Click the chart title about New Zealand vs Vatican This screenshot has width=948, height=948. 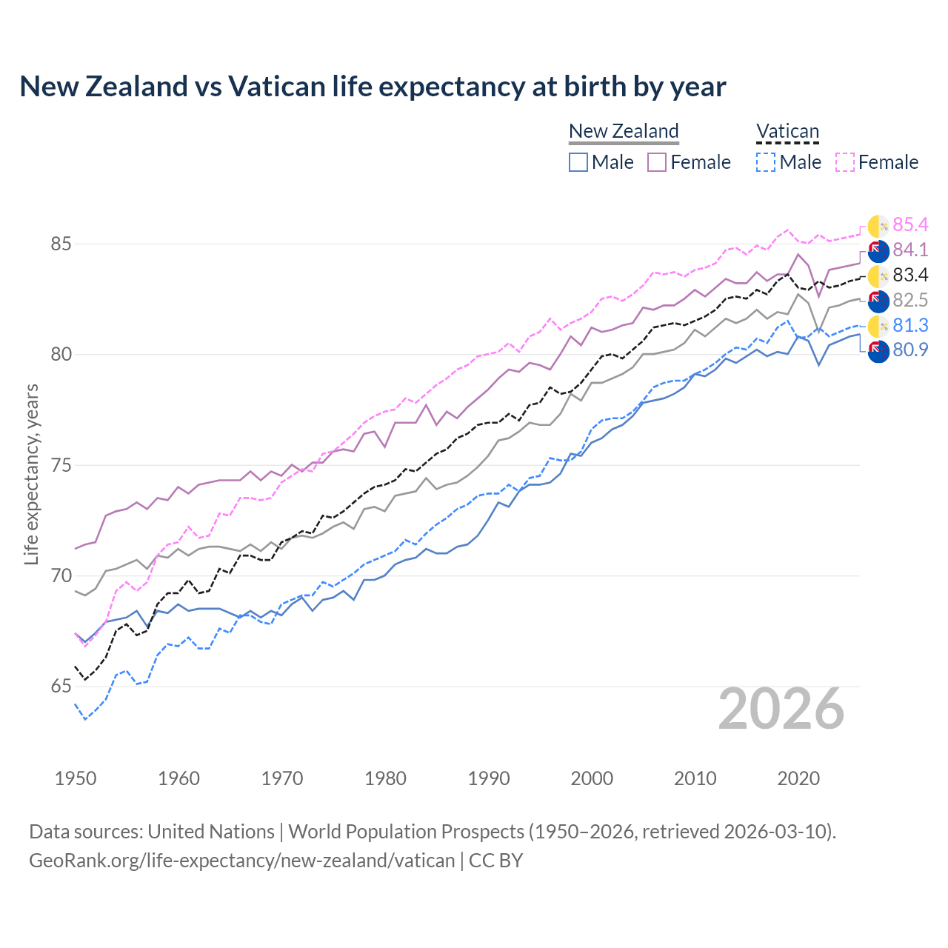pos(373,87)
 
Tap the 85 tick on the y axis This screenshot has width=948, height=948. pos(61,244)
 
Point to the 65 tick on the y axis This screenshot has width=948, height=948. pos(61,687)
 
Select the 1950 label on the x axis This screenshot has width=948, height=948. pos(76,778)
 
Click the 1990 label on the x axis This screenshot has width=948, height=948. pos(489,778)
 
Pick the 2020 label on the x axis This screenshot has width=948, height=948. pos(798,778)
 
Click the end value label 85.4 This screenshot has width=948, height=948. pos(910,225)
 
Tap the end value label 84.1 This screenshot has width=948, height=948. pos(910,250)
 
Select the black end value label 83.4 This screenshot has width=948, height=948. pos(910,276)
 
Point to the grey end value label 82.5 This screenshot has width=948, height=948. pos(910,301)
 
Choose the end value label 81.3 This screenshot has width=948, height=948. pos(910,326)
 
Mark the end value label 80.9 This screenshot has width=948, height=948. pos(910,350)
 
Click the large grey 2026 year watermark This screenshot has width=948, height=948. pos(781,710)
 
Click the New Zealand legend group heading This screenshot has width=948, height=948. pos(624,131)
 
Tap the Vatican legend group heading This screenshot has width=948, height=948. pos(787,131)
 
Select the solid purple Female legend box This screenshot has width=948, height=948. pos(657,162)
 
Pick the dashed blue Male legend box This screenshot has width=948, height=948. pos(766,162)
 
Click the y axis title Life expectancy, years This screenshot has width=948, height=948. pos(32,474)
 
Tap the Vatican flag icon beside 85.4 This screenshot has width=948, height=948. pos(878,226)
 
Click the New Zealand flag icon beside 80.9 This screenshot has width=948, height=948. pos(878,351)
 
